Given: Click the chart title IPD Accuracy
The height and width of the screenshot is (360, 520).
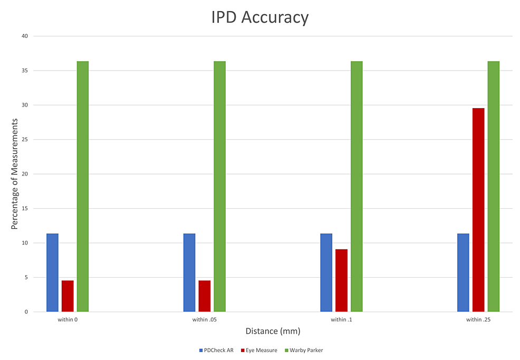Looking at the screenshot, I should click(x=259, y=17).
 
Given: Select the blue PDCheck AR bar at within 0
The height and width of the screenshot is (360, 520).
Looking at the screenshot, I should click(x=52, y=273).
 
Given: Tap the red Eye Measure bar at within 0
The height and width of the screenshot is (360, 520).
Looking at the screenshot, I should click(x=68, y=296).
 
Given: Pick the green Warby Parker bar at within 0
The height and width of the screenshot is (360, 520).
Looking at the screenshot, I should click(x=82, y=187).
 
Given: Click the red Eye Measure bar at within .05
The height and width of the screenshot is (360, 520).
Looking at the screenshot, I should click(x=204, y=296).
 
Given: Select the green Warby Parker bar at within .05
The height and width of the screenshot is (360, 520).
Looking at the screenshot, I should click(x=219, y=187).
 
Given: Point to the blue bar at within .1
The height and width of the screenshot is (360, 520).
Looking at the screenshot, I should click(x=326, y=273).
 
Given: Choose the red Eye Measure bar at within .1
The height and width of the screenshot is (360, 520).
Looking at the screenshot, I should click(x=341, y=280).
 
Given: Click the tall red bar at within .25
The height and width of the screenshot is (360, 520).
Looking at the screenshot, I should click(x=478, y=210).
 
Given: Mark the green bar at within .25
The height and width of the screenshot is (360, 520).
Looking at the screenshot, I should click(x=493, y=187).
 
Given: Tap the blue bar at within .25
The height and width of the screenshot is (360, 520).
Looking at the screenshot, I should click(x=463, y=273).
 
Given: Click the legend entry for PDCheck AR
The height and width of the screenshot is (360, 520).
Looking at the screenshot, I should click(x=216, y=351).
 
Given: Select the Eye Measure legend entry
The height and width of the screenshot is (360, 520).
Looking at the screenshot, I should click(x=258, y=351).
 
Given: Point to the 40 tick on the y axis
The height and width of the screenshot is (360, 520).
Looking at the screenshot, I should click(x=24, y=36).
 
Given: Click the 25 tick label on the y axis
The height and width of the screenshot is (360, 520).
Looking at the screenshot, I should click(x=24, y=140).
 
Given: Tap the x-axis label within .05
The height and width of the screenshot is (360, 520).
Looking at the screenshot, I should click(x=204, y=320).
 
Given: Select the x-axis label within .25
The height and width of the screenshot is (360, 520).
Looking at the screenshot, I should click(x=478, y=320).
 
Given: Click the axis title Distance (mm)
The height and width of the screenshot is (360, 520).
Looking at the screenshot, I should click(x=273, y=332).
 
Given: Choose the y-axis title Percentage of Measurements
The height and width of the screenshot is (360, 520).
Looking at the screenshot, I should click(x=15, y=173).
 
